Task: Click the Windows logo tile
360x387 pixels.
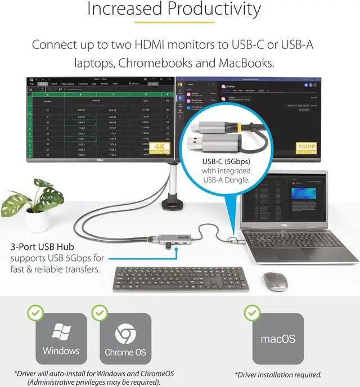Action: pos(61,339)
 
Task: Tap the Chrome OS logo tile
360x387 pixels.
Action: pos(125,339)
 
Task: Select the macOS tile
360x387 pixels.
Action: pos(277,339)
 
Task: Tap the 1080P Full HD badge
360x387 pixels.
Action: pos(337,147)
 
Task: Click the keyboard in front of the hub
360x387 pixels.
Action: pos(180,278)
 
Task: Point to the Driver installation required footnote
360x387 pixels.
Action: pos(278,374)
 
